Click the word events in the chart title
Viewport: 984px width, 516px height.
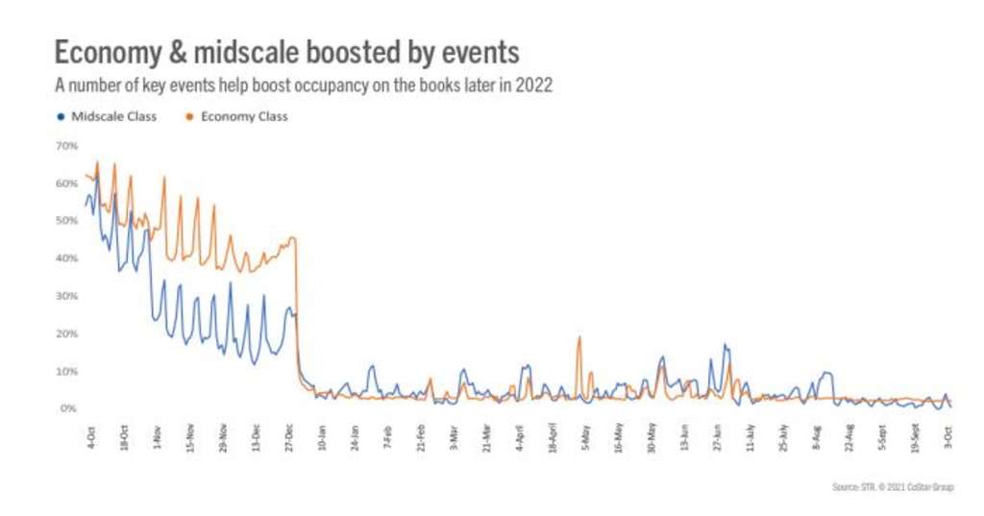[478, 52]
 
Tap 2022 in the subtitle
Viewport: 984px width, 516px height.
[534, 86]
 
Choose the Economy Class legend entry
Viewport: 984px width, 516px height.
[236, 117]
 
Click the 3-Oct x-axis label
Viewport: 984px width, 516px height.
[949, 436]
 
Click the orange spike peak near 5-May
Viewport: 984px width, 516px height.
[579, 336]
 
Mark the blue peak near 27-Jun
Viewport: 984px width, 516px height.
[725, 345]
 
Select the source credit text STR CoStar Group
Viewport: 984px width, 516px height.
[893, 486]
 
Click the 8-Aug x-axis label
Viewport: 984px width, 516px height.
[818, 436]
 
